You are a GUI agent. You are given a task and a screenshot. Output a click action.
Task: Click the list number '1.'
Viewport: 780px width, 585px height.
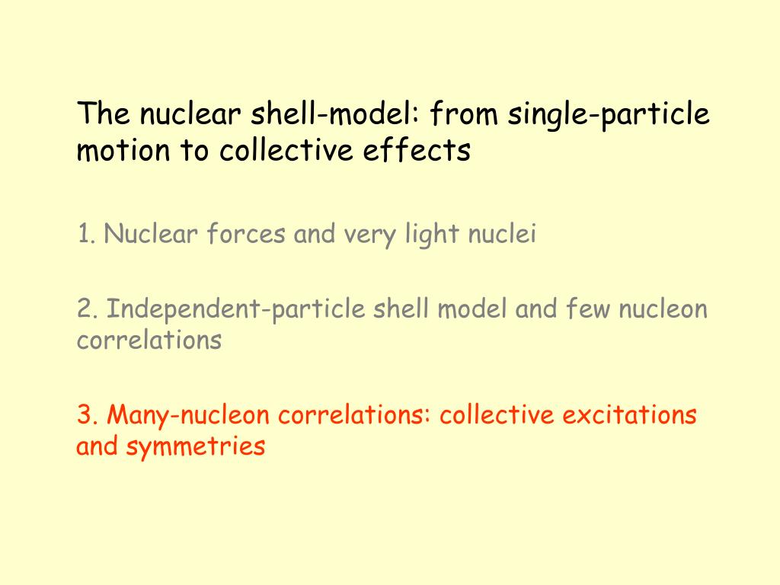[x=85, y=234]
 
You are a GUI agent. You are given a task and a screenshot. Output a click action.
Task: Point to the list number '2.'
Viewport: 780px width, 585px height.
[x=87, y=309]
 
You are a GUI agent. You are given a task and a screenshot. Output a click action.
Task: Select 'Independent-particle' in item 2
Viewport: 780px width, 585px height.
[x=237, y=310]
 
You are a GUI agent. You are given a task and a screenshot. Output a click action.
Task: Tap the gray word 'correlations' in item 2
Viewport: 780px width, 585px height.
[x=149, y=340]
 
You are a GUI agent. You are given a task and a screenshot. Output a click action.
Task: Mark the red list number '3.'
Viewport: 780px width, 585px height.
[x=87, y=415]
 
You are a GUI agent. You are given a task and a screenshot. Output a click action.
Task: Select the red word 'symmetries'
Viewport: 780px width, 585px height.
[x=196, y=446]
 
